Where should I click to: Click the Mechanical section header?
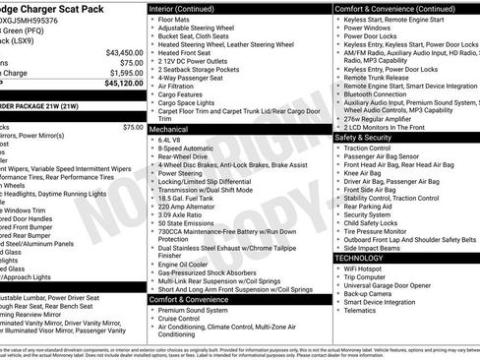coord(169,129)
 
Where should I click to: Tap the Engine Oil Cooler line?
coord(183,265)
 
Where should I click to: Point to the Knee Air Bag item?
coord(365,173)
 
